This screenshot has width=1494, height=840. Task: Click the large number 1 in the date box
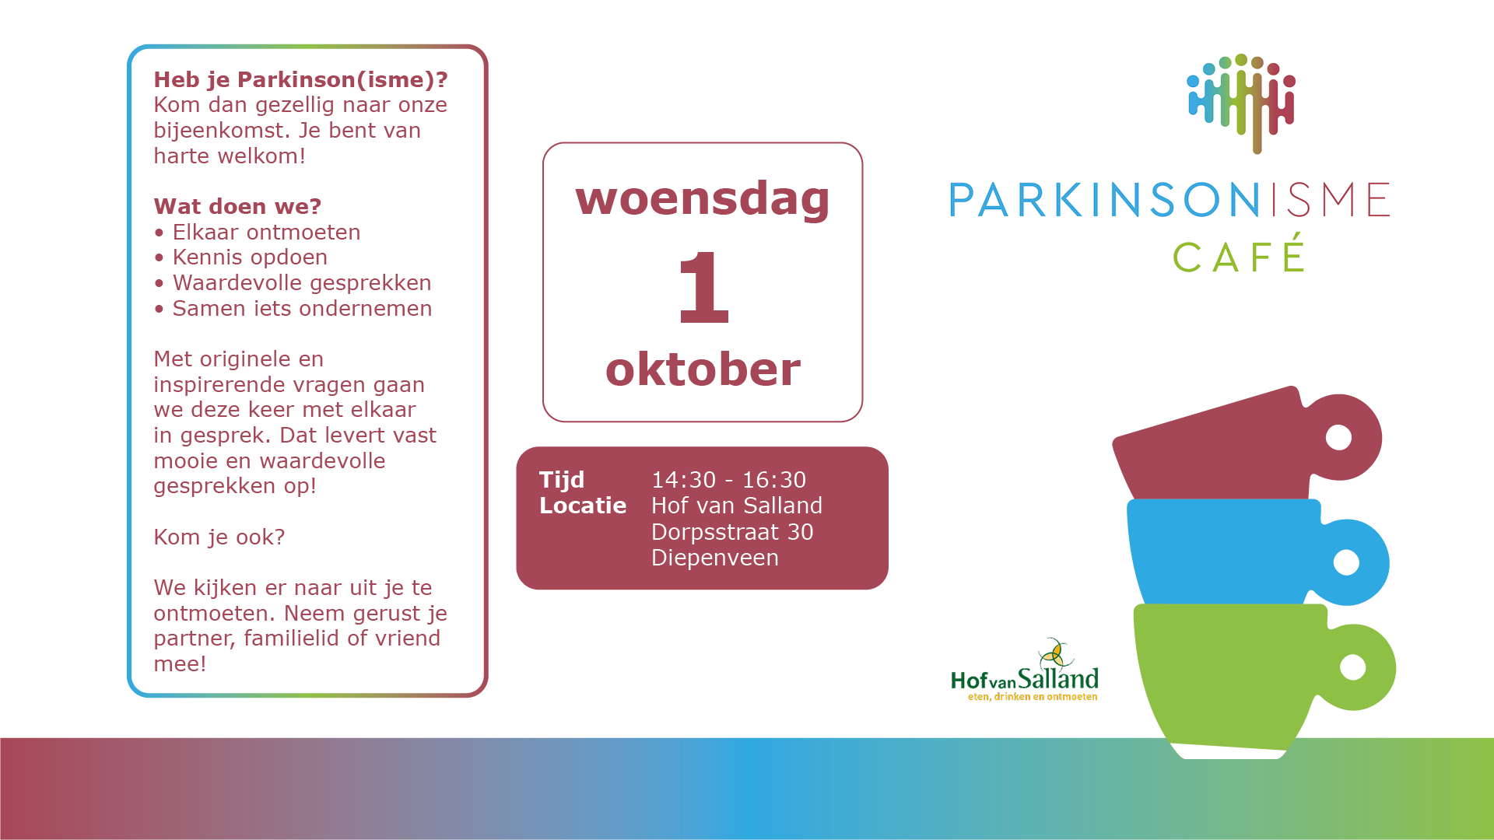click(703, 287)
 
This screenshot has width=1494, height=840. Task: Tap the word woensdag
click(703, 198)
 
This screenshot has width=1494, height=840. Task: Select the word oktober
click(703, 369)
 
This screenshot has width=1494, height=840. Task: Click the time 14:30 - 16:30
click(728, 480)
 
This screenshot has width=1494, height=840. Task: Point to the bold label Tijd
click(562, 480)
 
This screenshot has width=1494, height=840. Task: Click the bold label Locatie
click(583, 506)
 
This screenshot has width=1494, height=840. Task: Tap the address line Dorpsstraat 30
click(732, 532)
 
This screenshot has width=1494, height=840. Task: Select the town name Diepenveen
click(715, 558)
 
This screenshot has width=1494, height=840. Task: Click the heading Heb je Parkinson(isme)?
click(300, 80)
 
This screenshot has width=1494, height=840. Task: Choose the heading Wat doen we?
click(237, 206)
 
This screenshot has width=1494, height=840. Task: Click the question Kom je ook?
click(219, 537)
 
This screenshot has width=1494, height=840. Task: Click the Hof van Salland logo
click(1025, 670)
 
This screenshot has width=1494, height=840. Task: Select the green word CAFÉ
click(1238, 256)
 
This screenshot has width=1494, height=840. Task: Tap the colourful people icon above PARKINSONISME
click(1241, 103)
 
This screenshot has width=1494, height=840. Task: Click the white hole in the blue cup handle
click(1346, 562)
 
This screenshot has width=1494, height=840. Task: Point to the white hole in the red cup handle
click(1338, 437)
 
